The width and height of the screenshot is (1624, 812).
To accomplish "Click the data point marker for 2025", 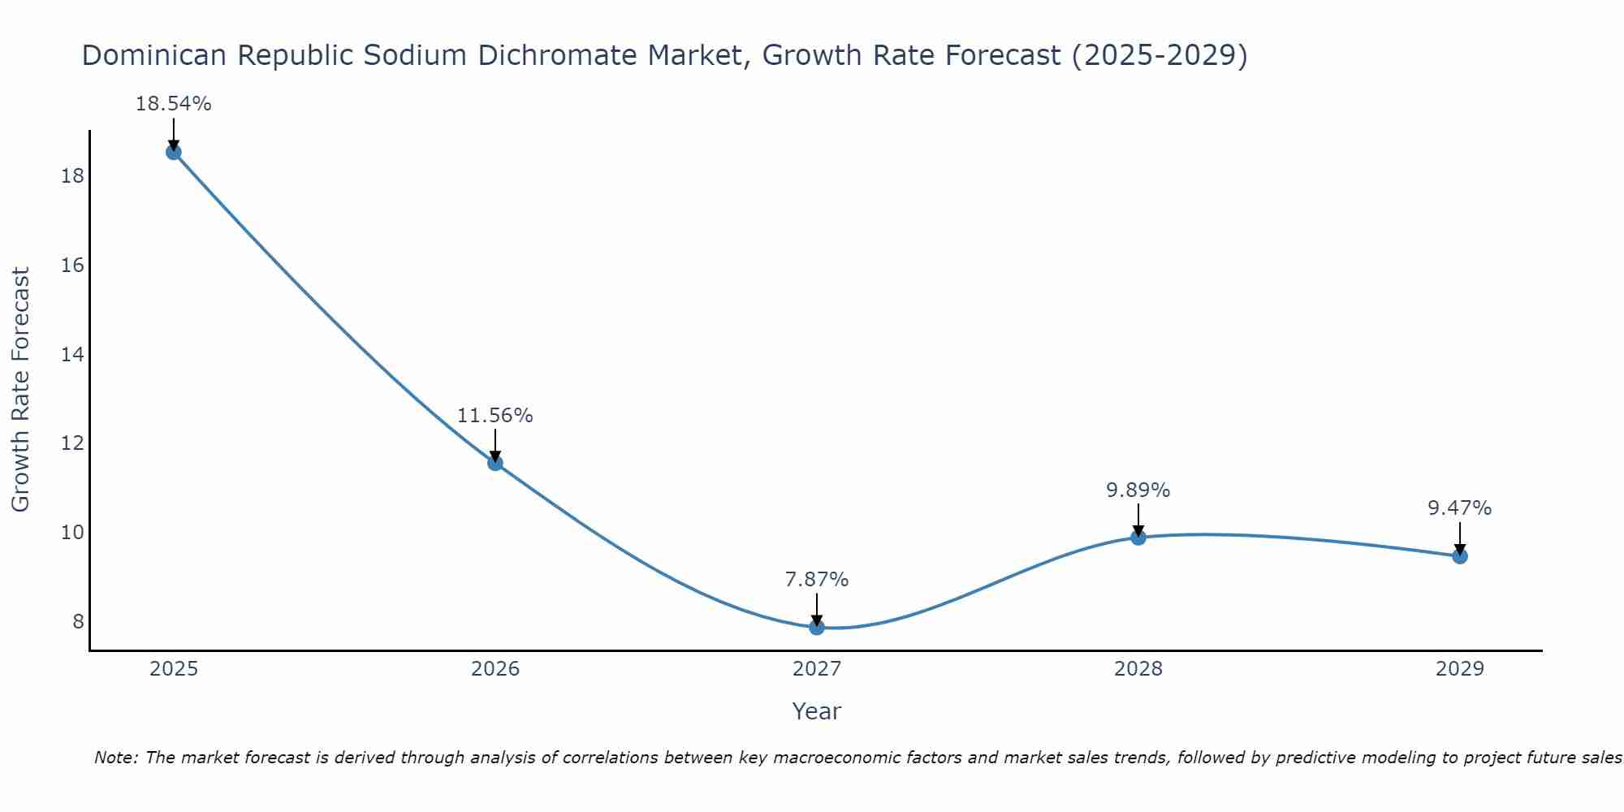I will [x=174, y=152].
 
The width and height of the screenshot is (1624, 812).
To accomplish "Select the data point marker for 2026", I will [x=495, y=463].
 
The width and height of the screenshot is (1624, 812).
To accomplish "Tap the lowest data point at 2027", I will [x=817, y=627].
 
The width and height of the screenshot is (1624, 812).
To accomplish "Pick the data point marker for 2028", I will [x=1138, y=538].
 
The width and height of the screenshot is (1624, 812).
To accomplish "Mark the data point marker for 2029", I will [x=1460, y=556].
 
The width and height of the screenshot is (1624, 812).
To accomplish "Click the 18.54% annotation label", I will [x=173, y=104].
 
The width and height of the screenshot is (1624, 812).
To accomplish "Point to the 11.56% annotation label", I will [x=495, y=416].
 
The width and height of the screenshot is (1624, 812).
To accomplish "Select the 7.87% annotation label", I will [x=816, y=580].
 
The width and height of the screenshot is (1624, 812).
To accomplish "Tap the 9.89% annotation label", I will [x=1138, y=490].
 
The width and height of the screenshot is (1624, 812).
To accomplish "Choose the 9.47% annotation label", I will [x=1459, y=508].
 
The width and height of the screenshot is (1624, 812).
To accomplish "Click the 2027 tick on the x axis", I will [x=817, y=669].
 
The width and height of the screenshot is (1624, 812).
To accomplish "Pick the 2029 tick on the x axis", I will [x=1460, y=669].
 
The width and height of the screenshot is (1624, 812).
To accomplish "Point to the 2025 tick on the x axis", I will [x=174, y=669].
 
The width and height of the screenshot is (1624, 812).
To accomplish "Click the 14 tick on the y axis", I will [x=72, y=355].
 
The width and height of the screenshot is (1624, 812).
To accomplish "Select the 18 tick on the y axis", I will [x=72, y=176].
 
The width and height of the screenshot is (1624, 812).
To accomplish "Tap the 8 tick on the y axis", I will [x=77, y=622].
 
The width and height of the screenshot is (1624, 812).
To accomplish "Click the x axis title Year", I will [x=816, y=711].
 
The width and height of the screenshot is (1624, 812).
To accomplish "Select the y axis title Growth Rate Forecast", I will [x=20, y=390].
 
